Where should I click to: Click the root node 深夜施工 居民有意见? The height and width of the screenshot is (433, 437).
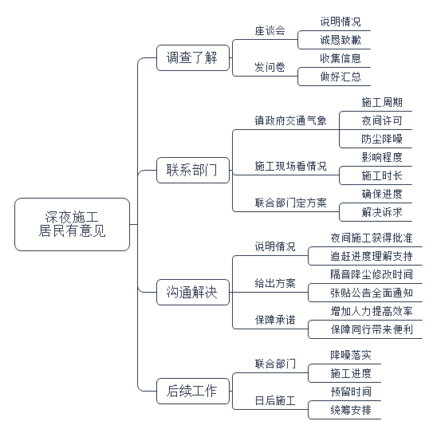point(73,224)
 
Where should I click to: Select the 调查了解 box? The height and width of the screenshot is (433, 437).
point(193,57)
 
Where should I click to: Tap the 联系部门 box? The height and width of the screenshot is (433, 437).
point(193,170)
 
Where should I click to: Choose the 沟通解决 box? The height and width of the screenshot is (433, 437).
point(193,292)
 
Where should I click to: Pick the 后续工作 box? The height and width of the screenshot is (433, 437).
point(193,391)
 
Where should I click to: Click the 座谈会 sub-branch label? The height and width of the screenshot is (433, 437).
point(270,30)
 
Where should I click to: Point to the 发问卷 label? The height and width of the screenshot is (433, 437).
point(270,67)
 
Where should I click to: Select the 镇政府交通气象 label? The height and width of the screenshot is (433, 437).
point(290,120)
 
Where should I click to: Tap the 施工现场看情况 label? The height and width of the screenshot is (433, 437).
point(290,166)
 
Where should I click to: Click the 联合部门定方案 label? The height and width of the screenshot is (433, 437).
point(290,203)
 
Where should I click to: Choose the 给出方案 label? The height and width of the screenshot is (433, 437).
point(275,283)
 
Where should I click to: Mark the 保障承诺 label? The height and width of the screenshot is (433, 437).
point(275,320)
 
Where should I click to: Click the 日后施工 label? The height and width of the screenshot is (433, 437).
point(275,400)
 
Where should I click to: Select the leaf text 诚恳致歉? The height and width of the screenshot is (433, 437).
point(341,40)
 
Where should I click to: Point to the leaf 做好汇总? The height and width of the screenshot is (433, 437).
point(341,77)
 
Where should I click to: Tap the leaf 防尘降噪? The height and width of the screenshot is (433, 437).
point(382,139)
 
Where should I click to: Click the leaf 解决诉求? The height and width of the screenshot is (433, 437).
point(382,212)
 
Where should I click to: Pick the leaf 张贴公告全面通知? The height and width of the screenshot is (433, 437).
point(372,293)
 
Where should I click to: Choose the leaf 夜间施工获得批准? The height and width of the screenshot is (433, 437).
point(372,238)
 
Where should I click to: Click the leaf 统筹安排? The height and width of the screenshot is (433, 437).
point(351,410)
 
